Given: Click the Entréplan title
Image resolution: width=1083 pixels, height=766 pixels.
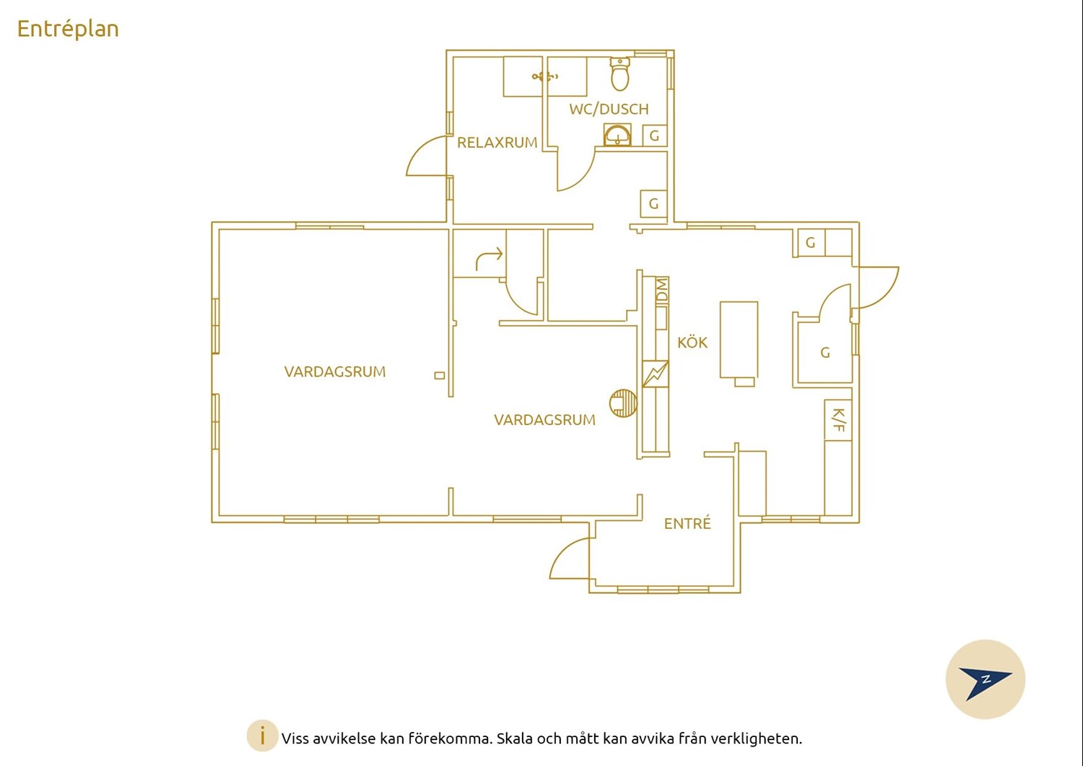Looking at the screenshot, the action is coord(68,29).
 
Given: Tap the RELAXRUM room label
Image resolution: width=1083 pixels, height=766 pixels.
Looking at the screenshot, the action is coord(497,143).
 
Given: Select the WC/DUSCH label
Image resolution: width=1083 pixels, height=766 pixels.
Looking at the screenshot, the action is coord(609,109).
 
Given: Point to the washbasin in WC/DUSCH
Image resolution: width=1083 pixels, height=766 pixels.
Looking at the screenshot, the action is coord(617,135).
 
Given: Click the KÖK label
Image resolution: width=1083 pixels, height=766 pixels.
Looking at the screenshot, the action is coord(692,343).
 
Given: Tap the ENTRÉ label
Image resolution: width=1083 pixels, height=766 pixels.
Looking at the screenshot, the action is coord(687,523).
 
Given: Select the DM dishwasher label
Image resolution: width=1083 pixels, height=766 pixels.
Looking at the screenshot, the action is coord(662,289).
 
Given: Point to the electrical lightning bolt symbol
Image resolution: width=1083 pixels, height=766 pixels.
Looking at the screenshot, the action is coord(656,374).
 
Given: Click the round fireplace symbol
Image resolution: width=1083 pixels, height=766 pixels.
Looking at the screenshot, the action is coord(623,403).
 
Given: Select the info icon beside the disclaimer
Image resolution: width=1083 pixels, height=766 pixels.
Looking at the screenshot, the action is coord(263,736).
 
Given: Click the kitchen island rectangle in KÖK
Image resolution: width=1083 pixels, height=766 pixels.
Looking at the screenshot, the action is coord(739,340).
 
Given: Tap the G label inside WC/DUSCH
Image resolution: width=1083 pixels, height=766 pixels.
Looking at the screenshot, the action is coord(654,136).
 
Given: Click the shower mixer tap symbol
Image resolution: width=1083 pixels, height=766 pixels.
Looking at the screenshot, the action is coord(545,76).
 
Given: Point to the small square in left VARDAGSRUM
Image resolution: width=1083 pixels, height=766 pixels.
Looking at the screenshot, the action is coord(440,376).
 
